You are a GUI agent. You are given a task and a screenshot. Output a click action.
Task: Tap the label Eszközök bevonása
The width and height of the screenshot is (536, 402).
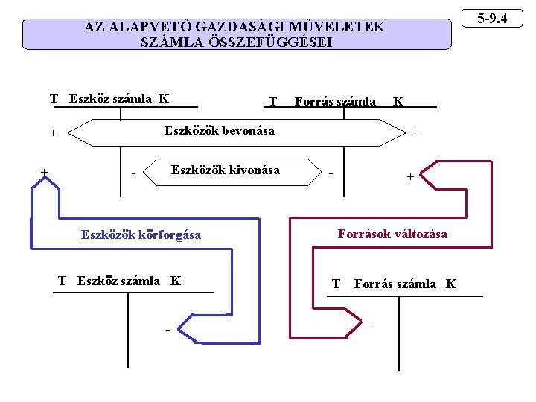(x=219, y=131)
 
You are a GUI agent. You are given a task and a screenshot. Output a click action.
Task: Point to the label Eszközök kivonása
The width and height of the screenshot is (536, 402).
(x=225, y=170)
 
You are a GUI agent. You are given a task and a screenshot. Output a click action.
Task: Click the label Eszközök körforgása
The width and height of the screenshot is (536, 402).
(x=141, y=234)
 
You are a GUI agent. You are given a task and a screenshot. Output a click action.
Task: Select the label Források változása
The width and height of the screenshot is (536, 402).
(x=392, y=234)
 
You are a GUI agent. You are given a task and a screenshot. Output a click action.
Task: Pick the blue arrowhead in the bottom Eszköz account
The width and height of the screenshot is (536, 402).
(x=192, y=328)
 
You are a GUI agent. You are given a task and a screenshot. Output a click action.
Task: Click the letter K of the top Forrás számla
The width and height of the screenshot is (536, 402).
(x=398, y=101)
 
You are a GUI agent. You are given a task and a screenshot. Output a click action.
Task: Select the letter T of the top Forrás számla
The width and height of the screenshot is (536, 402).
(x=272, y=101)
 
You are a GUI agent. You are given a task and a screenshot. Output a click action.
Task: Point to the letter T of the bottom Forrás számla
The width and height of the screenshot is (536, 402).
(x=336, y=284)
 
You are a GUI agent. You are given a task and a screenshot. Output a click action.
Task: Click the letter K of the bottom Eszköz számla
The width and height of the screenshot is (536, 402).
(x=176, y=281)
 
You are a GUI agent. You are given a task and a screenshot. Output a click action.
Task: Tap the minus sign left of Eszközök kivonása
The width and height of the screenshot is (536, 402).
(x=133, y=175)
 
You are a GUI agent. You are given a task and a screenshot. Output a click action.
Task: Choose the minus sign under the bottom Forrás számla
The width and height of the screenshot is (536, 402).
(x=373, y=322)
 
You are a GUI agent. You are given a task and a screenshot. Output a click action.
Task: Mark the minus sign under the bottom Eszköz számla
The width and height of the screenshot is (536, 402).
(x=167, y=329)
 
